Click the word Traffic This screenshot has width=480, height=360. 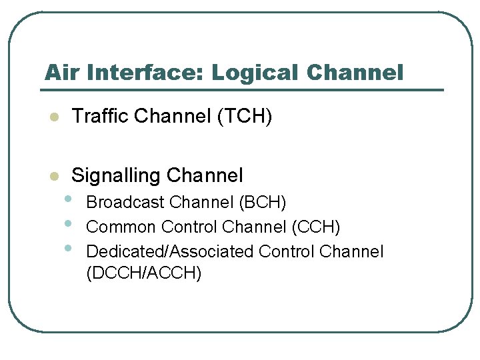pos(100,117)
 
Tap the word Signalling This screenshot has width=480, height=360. pos(116,176)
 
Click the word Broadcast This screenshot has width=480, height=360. pos(126,202)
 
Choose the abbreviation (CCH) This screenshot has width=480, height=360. pos(316,227)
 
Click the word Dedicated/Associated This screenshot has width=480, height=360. pos(170,252)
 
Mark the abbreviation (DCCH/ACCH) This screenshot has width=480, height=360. pos(144,273)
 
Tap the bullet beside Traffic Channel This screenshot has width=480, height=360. pos(55,118)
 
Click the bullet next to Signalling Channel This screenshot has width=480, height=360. pos(55,177)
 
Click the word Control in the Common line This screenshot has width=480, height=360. pos(190,227)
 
